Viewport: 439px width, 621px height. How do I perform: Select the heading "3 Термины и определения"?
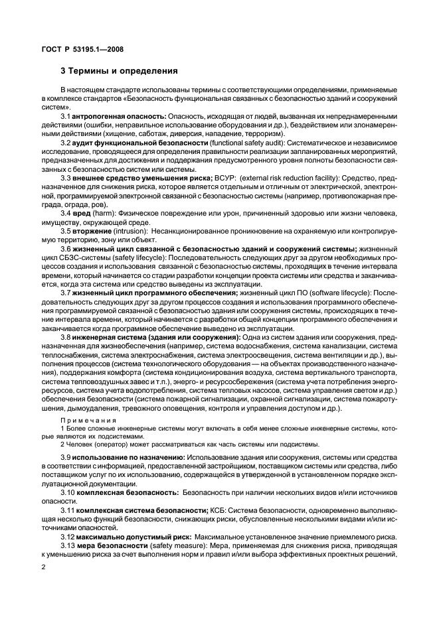click(x=118, y=70)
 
